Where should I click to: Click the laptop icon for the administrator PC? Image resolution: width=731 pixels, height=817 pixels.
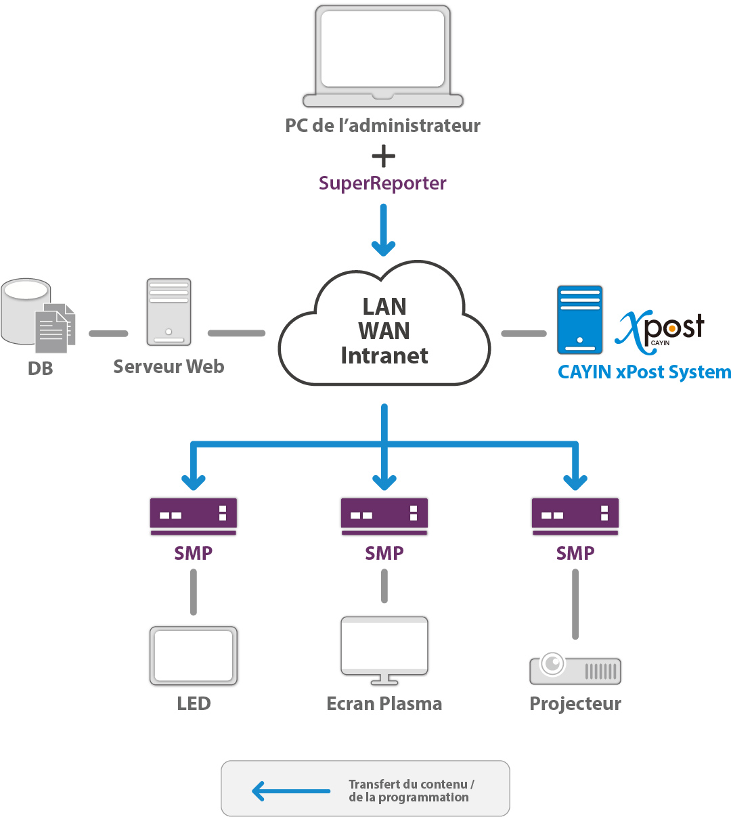coord(383,57)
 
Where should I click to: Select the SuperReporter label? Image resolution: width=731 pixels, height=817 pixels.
coord(382,183)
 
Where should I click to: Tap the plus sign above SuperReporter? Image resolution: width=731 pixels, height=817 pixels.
coord(384,156)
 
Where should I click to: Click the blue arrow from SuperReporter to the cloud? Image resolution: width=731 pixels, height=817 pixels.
coord(384,230)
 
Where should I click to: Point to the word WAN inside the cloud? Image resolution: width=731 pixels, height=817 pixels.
coord(384,331)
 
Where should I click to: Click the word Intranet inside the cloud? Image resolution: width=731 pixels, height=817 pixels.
coord(384,355)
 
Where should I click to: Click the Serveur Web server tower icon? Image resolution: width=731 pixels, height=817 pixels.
coord(169,312)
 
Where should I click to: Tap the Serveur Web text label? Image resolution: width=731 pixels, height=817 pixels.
coord(169,366)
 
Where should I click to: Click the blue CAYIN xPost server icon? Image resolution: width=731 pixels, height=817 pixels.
coord(579,320)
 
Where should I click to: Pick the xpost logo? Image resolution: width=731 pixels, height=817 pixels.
coord(660,330)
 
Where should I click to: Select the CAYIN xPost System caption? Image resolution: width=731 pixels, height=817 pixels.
coord(644,372)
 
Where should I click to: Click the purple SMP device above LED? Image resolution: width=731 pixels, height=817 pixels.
coord(194,516)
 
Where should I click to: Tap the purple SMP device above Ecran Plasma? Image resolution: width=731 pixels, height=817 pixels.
coord(384,516)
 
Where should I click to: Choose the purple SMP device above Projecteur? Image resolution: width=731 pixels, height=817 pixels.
coord(575,516)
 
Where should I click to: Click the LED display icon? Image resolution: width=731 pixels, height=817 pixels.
coord(194,655)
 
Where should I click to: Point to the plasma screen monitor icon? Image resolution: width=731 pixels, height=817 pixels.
coord(384,648)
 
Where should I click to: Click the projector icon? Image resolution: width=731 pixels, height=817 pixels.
coord(575,669)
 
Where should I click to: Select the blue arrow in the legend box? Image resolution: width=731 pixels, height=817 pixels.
coord(291,791)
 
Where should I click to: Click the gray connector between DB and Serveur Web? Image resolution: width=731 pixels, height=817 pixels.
coord(108,334)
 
